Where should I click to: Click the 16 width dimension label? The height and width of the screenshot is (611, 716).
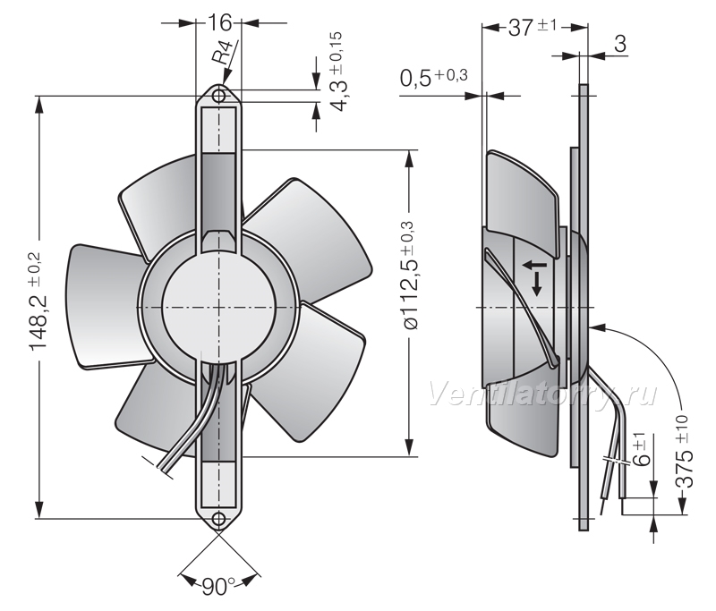point(219,23)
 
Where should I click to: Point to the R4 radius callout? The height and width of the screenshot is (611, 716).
point(224,51)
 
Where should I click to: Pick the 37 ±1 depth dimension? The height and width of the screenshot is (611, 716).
point(533,28)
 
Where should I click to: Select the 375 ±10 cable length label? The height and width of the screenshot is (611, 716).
point(684,452)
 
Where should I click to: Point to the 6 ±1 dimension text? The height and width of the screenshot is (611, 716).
point(643,449)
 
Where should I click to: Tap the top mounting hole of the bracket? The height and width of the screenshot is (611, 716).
point(219,96)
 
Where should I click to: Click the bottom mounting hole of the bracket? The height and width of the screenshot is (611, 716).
point(219,518)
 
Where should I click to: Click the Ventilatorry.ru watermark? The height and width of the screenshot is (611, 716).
point(543,395)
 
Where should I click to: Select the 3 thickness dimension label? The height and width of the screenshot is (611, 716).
point(619,44)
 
